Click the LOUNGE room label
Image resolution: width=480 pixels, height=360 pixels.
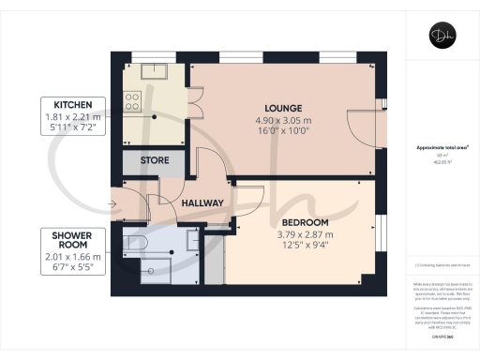[282, 107]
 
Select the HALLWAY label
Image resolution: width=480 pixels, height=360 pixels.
[202, 202]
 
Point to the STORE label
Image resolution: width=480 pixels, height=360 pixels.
[155, 160]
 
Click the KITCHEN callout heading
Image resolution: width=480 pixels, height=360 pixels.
[72, 103]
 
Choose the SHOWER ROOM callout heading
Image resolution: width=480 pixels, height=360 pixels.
[72, 240]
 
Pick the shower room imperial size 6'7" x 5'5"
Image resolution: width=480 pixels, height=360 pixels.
[72, 267]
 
